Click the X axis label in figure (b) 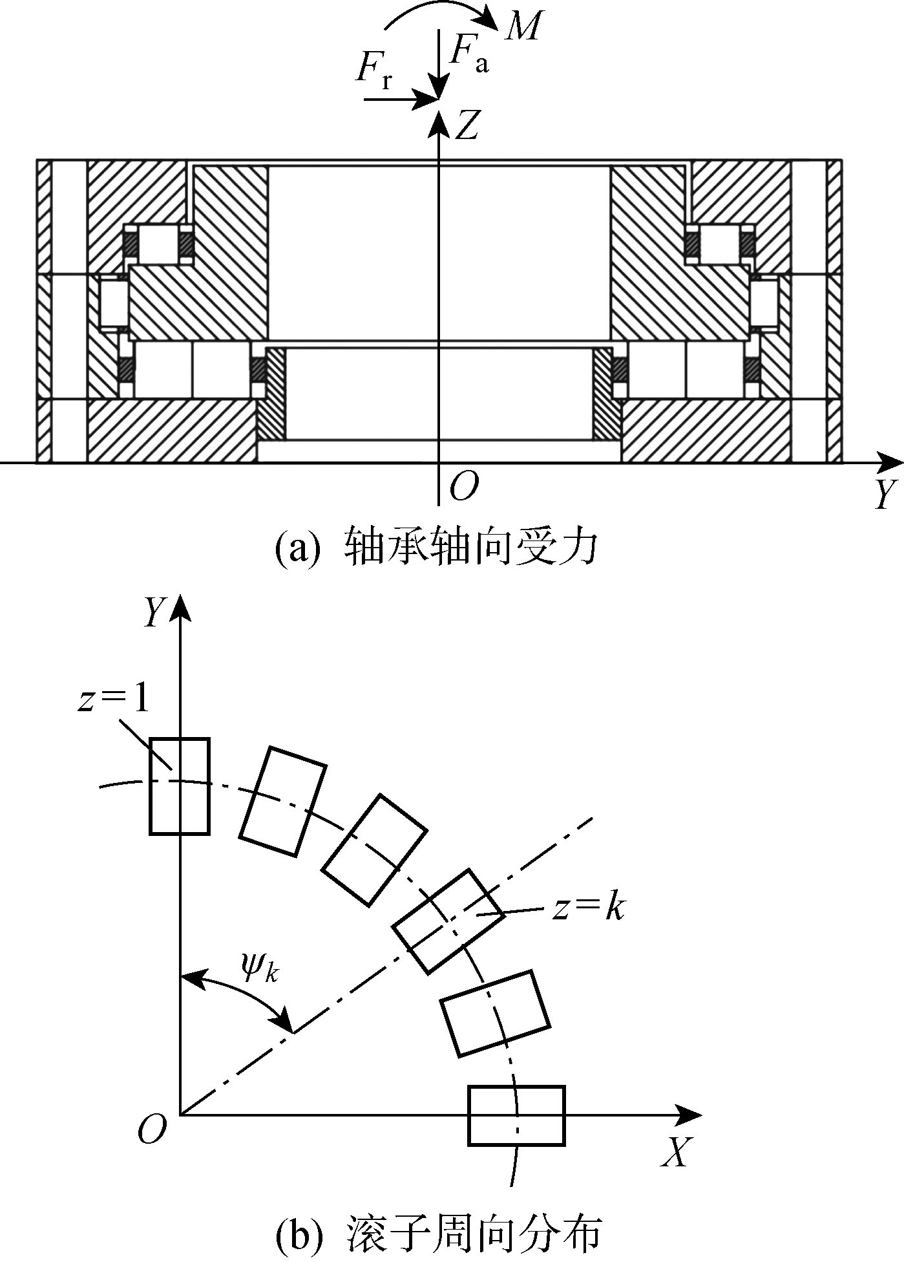[676, 1151]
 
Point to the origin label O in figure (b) [152, 1128]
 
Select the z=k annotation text [588, 908]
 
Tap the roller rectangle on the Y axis [180, 786]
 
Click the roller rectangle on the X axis [516, 1115]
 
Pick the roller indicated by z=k [448, 921]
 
